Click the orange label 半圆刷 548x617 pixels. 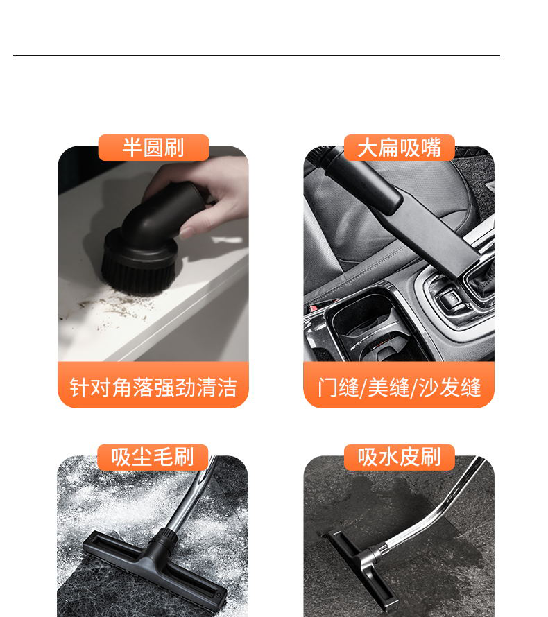(153, 148)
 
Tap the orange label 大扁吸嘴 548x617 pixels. (399, 148)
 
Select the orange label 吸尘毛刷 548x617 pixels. (153, 458)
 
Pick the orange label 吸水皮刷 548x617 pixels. (399, 458)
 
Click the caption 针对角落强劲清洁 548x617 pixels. (153, 387)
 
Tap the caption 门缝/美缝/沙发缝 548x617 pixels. (399, 387)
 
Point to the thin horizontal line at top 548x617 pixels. (257, 55)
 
